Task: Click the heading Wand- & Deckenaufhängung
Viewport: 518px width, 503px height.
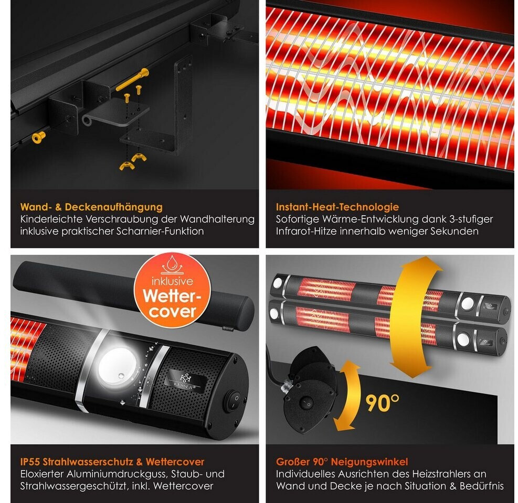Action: click(91, 207)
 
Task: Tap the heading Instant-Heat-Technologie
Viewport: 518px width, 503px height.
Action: click(337, 207)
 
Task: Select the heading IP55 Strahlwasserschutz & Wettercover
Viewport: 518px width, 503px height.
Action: click(112, 462)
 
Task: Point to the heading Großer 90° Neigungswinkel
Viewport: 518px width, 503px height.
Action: click(342, 462)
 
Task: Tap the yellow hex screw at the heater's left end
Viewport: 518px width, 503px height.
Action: click(39, 137)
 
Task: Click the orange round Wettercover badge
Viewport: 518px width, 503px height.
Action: click(172, 291)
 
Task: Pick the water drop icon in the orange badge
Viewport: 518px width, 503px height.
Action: click(171, 265)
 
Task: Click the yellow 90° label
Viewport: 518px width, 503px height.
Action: click(382, 403)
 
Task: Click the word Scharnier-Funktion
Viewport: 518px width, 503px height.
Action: click(160, 231)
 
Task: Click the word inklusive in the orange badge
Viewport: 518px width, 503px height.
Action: click(172, 281)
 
